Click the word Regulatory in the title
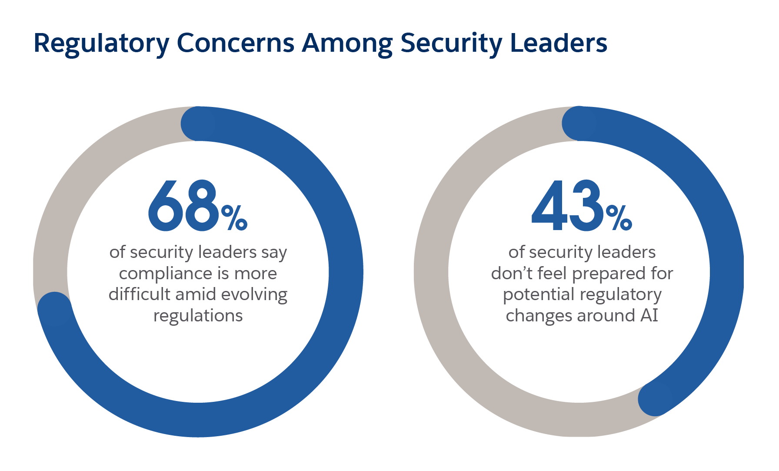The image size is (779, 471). point(101,43)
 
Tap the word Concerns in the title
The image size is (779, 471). point(235,43)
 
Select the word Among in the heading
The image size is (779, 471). point(347,43)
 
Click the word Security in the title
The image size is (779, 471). point(451,43)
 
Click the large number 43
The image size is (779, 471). point(567,206)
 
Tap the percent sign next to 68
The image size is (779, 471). point(235,218)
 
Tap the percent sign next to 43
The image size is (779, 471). point(619,218)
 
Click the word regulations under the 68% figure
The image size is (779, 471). point(198,316)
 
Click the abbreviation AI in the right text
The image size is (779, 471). point(649,316)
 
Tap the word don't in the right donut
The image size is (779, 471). point(512,274)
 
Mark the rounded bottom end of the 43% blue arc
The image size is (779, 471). point(655,399)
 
